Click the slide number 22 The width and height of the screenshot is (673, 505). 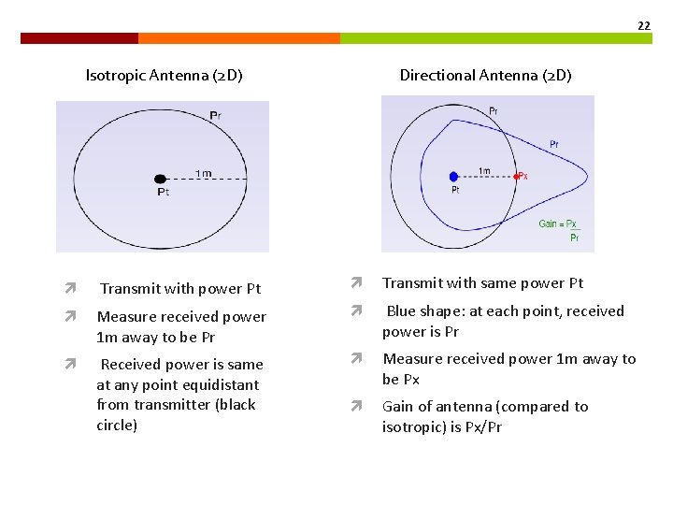click(643, 25)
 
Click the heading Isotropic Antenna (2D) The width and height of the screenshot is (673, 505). click(164, 75)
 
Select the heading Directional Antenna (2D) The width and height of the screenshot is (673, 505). click(485, 75)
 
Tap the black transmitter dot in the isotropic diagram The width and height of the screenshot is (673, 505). click(160, 179)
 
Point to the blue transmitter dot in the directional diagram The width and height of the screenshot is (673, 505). click(453, 176)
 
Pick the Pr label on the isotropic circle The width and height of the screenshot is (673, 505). click(215, 116)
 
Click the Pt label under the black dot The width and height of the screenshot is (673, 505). click(163, 193)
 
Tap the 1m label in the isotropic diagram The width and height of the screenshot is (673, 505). click(203, 172)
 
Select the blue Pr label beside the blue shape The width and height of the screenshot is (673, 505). click(554, 144)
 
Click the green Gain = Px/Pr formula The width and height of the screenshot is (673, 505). click(560, 230)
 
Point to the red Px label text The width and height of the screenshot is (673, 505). click(523, 176)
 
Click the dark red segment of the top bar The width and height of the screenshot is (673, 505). click(79, 38)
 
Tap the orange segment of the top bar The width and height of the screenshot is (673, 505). click(239, 38)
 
